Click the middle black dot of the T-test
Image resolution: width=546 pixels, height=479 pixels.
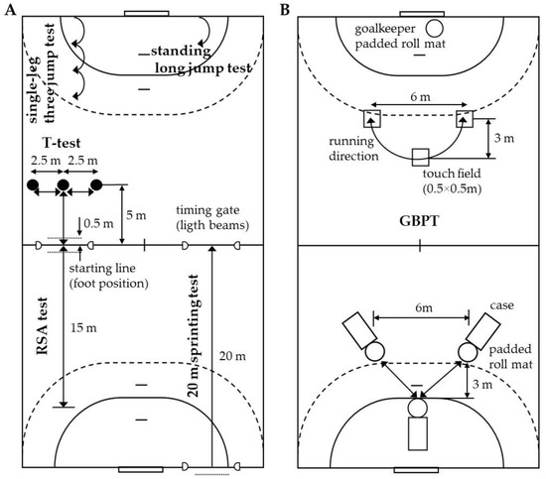point(64,184)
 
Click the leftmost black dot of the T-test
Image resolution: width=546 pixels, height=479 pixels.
point(33,184)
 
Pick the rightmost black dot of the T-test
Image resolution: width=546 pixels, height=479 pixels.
point(95,184)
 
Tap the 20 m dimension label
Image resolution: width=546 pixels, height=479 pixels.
point(231,355)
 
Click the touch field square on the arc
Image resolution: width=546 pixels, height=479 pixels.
point(419,157)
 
